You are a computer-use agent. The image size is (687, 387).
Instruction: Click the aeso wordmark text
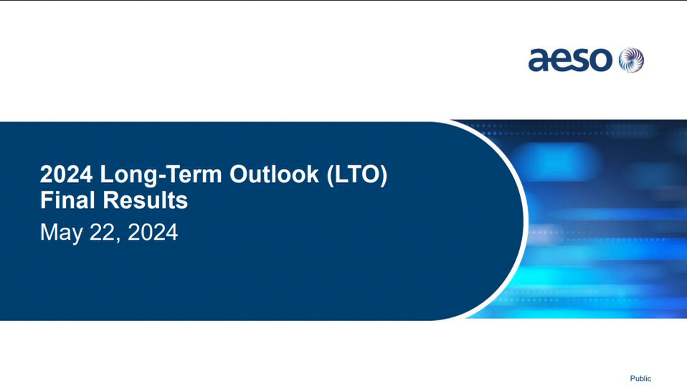pos(570,60)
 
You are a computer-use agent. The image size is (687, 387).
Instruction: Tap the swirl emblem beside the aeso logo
pos(631,60)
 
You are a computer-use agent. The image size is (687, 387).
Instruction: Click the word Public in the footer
pos(641,378)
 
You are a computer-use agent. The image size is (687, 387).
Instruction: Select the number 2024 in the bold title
pos(66,174)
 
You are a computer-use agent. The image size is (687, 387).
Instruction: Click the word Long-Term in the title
pos(161,175)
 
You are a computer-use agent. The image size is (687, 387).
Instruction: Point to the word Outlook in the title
pos(274,174)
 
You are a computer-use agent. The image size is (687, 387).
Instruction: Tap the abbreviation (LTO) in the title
pos(357,175)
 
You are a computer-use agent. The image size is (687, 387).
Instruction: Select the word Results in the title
pos(145,200)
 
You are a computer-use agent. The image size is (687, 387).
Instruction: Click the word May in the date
pos(61,233)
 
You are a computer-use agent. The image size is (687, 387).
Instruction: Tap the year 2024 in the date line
pos(153,232)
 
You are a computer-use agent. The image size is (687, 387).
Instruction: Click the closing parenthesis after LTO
pos(384,175)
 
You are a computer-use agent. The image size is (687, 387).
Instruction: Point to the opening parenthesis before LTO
pos(330,175)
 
